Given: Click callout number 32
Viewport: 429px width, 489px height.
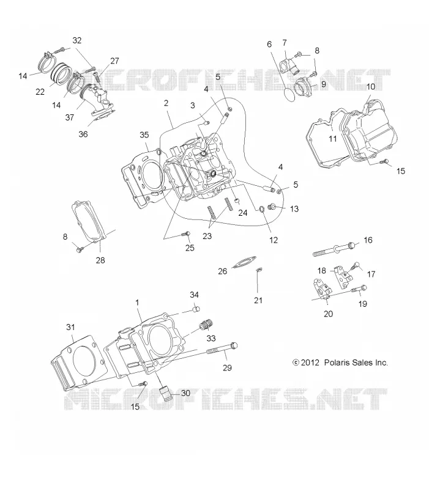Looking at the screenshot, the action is [x=77, y=40].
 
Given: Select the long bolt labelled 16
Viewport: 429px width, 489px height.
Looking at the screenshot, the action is [x=334, y=249].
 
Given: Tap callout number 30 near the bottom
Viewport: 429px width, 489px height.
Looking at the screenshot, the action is [x=185, y=393].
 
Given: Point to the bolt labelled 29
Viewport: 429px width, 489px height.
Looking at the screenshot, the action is [x=222, y=348].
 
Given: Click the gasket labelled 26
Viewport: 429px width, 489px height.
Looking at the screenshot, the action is [x=244, y=262].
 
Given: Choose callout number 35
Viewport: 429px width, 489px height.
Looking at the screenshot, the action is [x=144, y=134].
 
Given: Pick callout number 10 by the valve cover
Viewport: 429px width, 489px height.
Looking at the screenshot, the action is [x=371, y=86].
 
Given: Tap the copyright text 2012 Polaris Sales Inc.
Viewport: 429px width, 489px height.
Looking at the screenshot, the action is [x=340, y=362].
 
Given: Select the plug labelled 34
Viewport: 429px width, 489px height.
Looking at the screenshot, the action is [x=196, y=309].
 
